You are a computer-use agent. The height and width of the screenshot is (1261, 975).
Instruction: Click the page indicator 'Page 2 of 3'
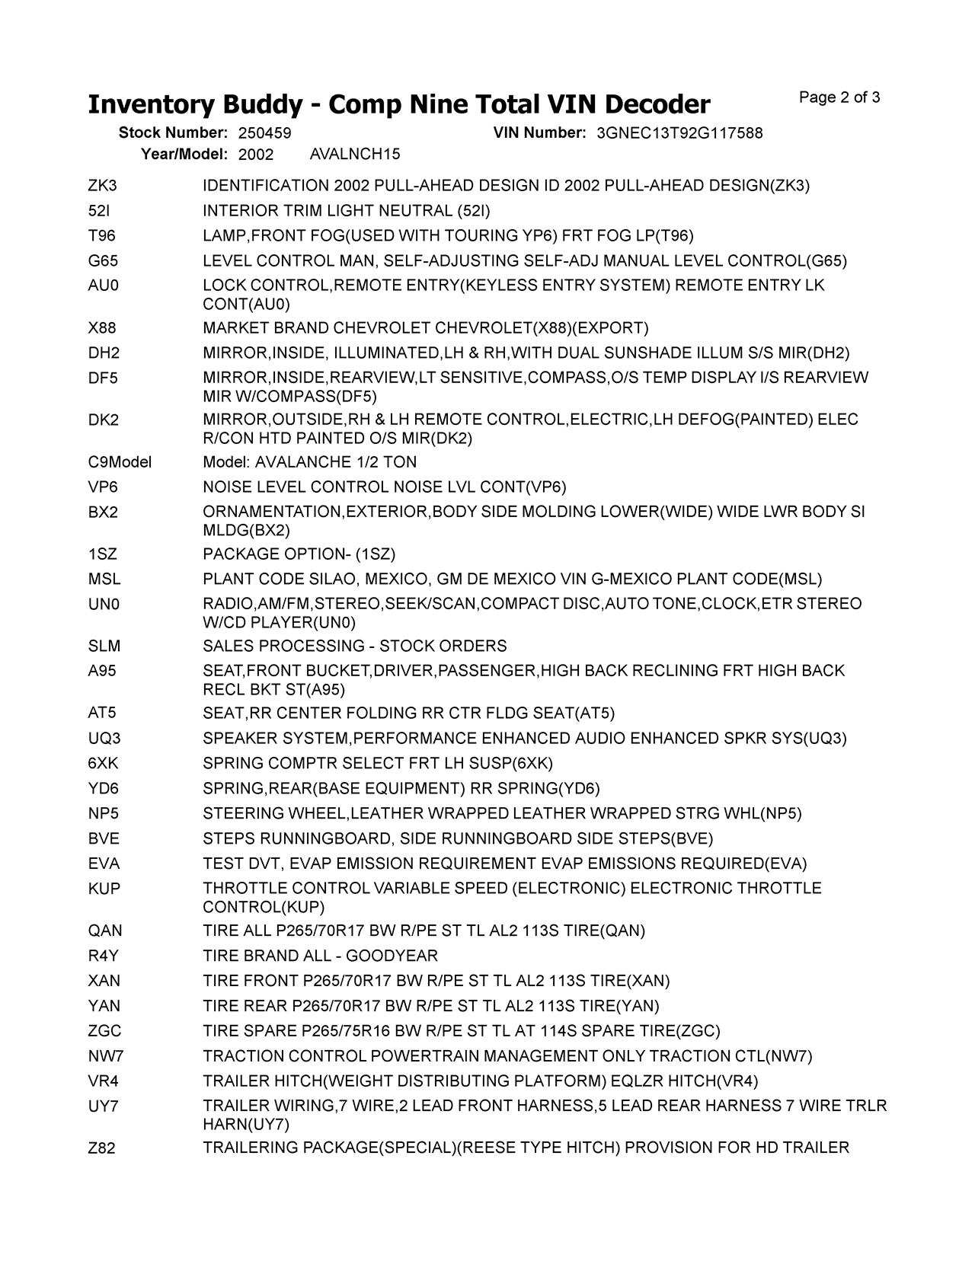[x=839, y=97]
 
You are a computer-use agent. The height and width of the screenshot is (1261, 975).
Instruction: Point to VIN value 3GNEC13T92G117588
[x=679, y=133]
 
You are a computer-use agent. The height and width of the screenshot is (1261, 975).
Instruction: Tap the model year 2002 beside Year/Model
[x=256, y=155]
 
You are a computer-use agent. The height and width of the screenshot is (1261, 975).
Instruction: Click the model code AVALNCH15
[x=355, y=155]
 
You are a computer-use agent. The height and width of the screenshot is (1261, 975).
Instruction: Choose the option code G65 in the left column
[x=104, y=261]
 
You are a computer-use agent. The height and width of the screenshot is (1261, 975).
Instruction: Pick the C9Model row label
[x=120, y=462]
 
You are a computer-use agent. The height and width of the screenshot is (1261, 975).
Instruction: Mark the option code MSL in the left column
[x=104, y=579]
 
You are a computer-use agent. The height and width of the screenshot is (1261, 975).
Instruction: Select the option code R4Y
[x=104, y=956]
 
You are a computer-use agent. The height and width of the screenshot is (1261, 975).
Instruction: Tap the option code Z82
[x=102, y=1148]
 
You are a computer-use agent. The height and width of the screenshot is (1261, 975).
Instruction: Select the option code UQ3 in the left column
[x=104, y=739]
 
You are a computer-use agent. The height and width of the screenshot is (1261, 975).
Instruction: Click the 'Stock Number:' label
[x=173, y=133]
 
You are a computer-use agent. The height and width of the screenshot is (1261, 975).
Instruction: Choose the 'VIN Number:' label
[x=539, y=133]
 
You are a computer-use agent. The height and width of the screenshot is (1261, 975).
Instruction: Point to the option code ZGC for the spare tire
[x=105, y=1031]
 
